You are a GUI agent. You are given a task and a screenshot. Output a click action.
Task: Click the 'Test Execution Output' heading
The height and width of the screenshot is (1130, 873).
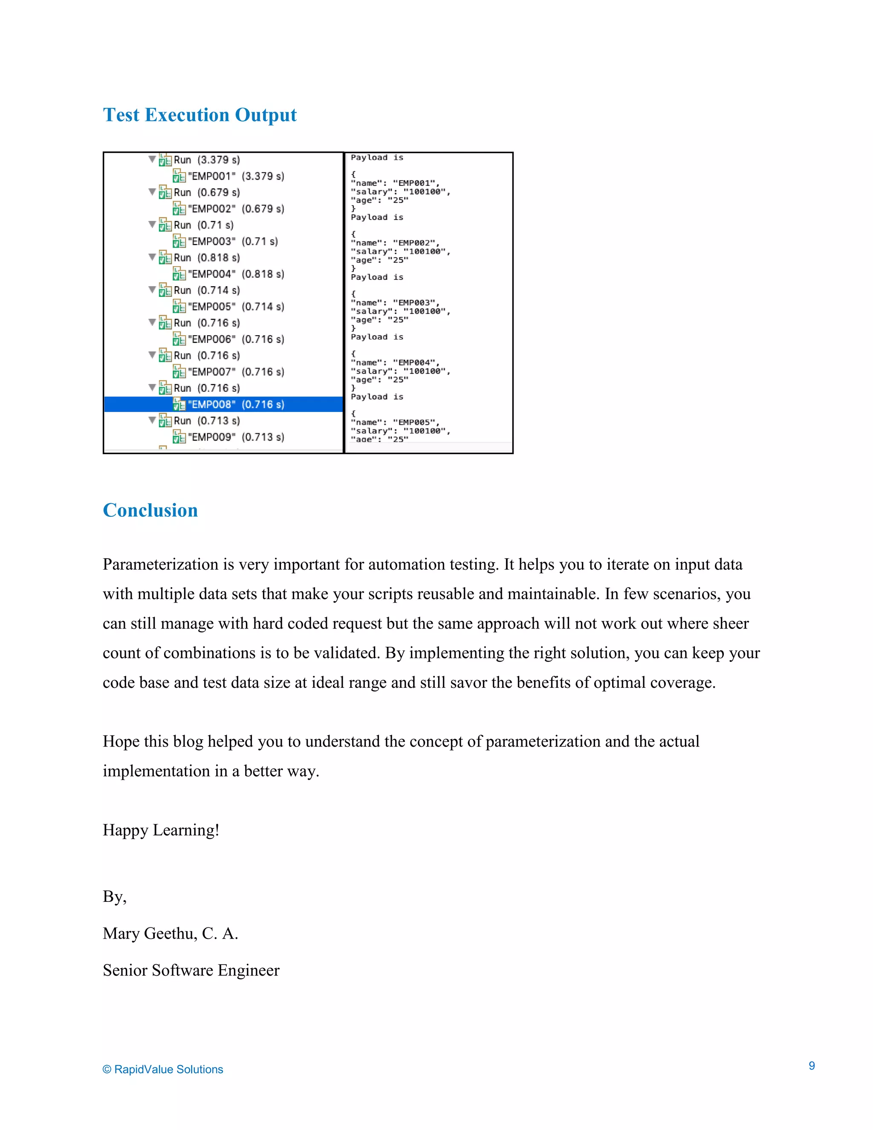[x=199, y=115]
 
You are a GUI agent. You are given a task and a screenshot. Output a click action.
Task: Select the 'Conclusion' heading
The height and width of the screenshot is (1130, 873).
[x=150, y=510]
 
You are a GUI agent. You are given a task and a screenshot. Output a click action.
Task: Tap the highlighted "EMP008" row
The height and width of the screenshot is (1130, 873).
[x=235, y=404]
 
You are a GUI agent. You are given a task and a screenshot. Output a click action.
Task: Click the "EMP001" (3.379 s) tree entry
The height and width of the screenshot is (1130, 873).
[x=235, y=176]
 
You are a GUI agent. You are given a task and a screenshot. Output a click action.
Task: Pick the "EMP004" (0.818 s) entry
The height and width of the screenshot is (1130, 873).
[x=235, y=274]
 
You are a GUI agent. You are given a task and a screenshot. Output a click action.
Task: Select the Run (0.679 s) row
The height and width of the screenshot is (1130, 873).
[x=206, y=192]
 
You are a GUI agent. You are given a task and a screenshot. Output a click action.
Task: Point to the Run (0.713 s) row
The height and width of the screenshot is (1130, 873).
[x=206, y=420]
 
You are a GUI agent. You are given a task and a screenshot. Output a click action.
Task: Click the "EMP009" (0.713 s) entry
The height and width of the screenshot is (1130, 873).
[x=235, y=437]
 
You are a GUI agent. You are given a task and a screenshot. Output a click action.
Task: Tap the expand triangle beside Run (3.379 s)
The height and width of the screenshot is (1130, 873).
[x=152, y=159]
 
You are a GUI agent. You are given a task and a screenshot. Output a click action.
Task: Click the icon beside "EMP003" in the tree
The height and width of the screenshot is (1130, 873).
[x=179, y=241]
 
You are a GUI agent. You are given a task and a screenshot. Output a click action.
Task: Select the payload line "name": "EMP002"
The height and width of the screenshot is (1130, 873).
[x=395, y=243]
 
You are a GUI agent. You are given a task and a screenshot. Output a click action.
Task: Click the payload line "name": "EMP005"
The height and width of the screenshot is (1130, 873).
[x=395, y=422]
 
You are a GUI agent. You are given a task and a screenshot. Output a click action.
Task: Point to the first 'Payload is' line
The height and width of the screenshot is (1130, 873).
[x=377, y=158]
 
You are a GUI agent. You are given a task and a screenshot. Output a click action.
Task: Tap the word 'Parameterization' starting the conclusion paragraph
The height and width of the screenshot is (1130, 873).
[x=160, y=564]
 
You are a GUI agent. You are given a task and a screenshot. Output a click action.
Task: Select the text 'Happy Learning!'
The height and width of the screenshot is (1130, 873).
[x=161, y=830]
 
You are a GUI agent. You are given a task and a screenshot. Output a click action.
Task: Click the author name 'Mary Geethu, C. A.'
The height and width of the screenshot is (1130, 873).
[x=170, y=933]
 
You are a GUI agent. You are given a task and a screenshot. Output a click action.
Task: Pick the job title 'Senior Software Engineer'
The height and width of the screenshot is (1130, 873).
[x=191, y=970]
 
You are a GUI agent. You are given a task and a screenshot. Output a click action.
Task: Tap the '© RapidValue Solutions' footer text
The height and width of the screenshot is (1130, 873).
[x=163, y=1069]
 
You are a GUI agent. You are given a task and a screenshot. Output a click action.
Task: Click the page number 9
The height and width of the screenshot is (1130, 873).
[x=812, y=1066]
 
